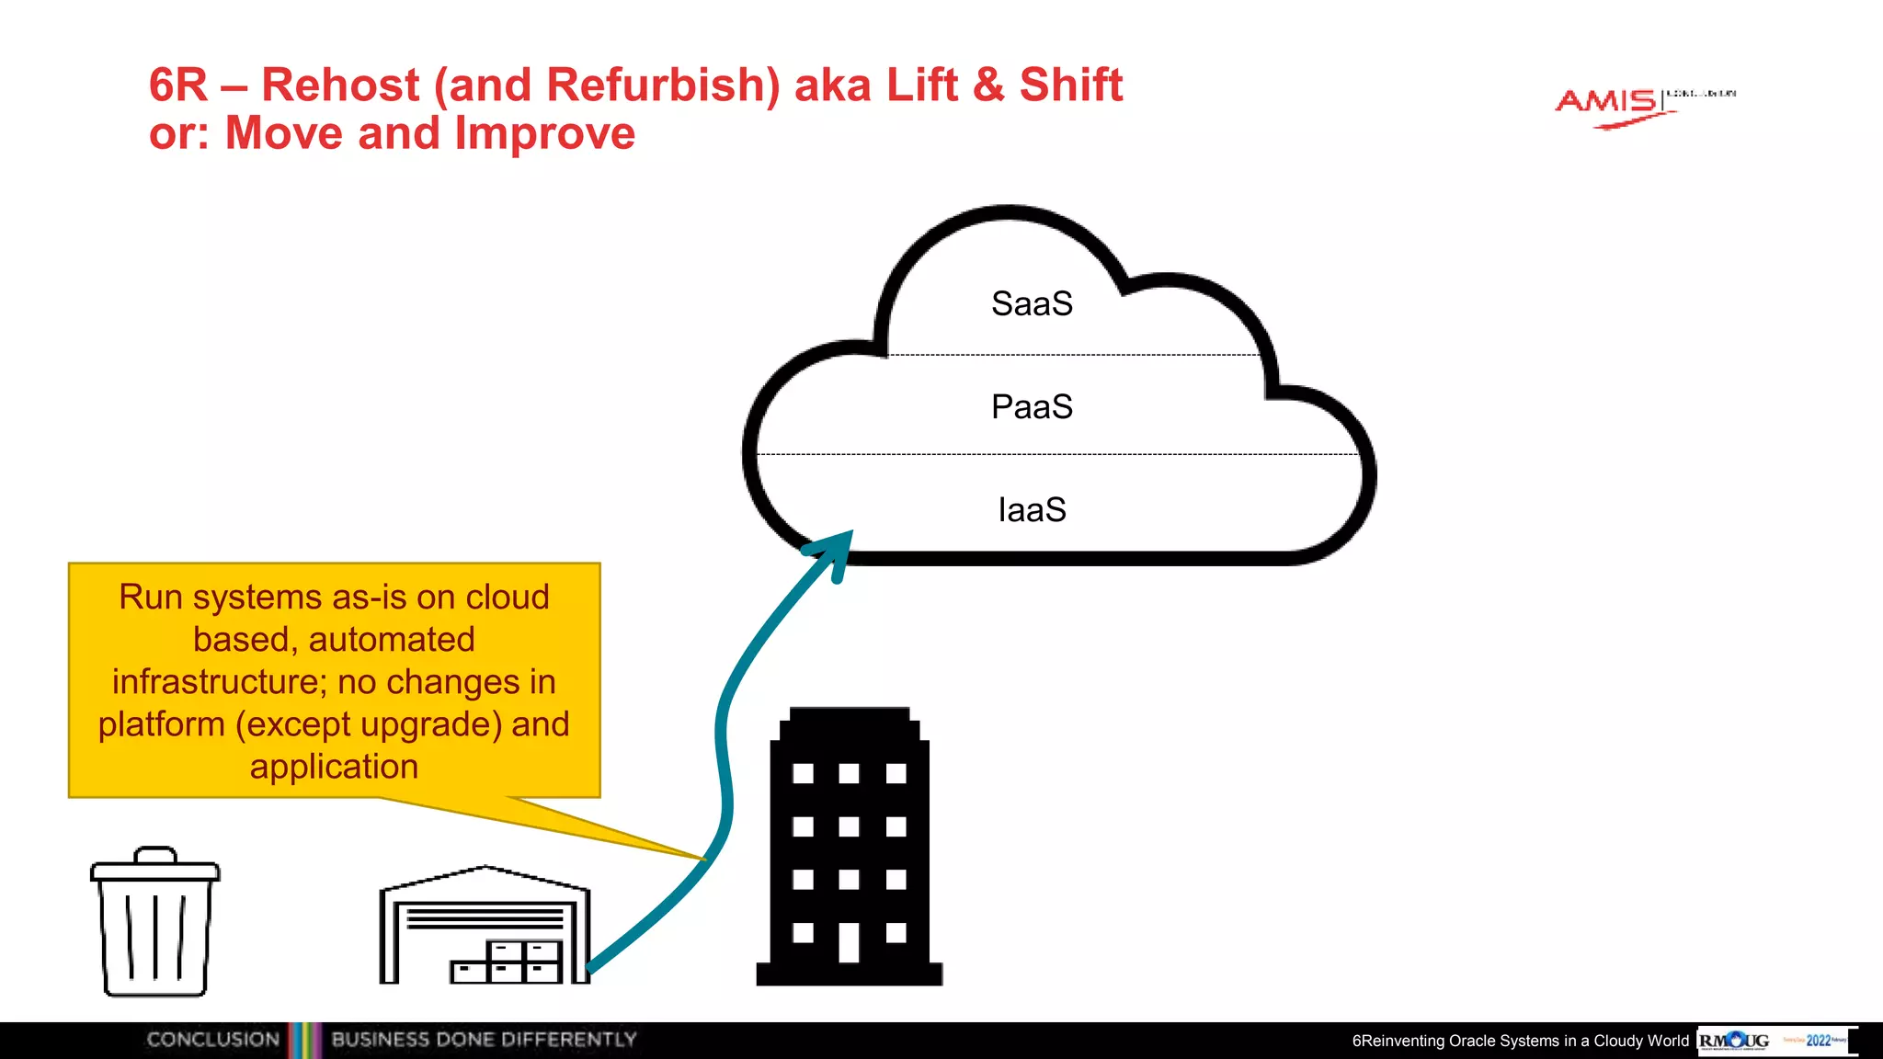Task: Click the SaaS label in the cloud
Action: [x=1032, y=304]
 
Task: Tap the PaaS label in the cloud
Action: [x=1032, y=407]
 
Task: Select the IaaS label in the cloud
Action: [x=1032, y=510]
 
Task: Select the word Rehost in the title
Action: [x=340, y=85]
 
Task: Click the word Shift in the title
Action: [x=1070, y=85]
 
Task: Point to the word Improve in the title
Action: [x=544, y=133]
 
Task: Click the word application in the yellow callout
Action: [x=334, y=767]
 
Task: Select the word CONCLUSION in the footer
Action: [x=212, y=1040]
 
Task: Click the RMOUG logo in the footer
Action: [x=1733, y=1041]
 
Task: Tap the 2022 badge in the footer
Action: [x=1818, y=1041]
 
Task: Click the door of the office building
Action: [x=849, y=942]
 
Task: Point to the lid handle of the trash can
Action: [x=154, y=854]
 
